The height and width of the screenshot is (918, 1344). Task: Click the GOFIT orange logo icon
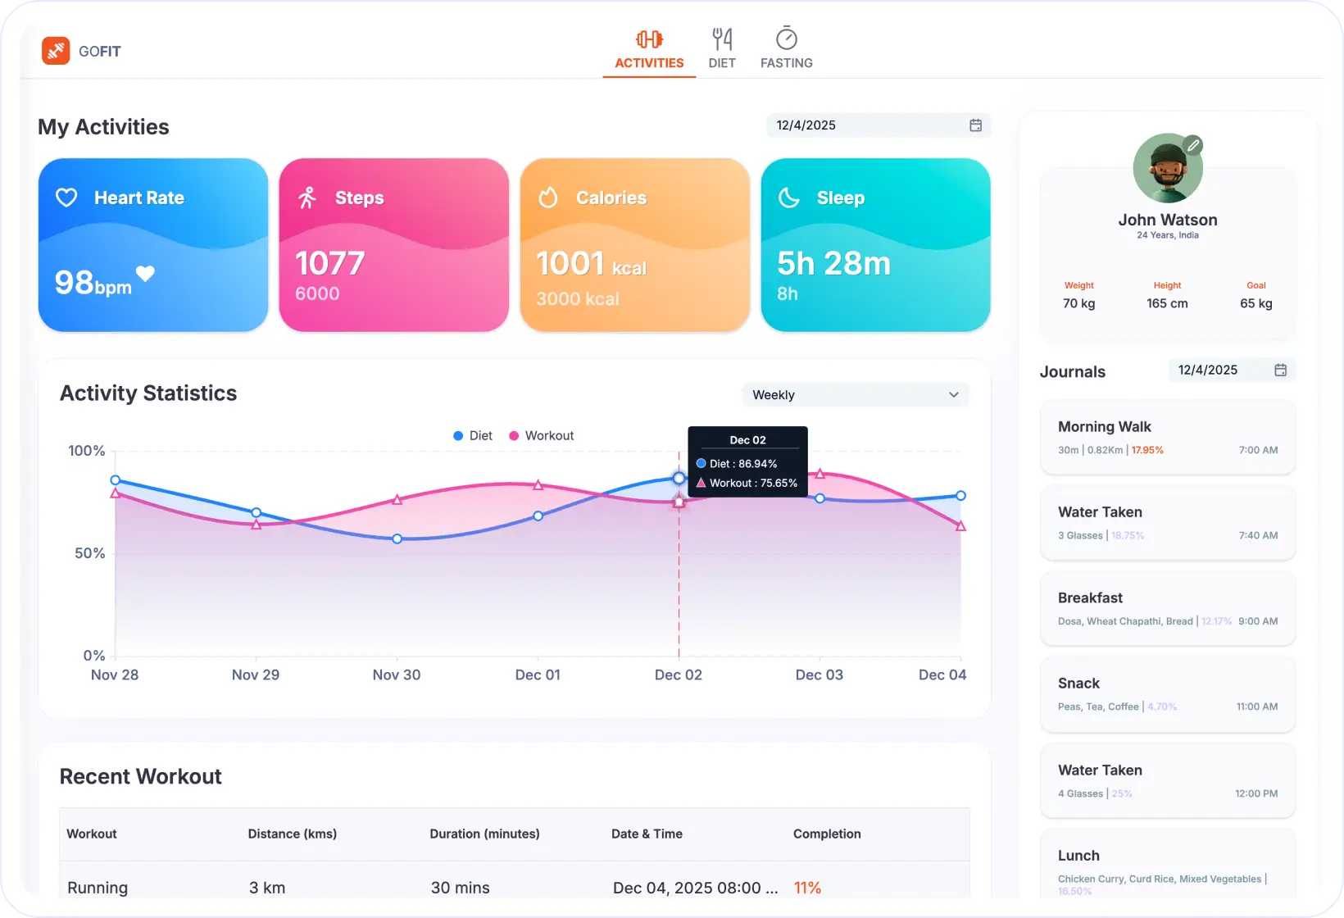[x=56, y=51]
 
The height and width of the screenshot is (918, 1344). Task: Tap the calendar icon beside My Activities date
[x=975, y=125]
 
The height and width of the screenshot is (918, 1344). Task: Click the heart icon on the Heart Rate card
[x=66, y=198]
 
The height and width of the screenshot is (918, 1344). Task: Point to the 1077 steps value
[x=329, y=264]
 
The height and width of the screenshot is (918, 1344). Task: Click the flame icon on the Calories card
[x=548, y=198]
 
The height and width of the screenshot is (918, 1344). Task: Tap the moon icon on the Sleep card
[x=788, y=198]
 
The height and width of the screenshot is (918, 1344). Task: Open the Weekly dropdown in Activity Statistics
[x=855, y=395]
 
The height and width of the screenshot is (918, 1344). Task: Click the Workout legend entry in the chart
[x=541, y=436]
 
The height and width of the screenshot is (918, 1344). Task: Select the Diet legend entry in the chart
[x=473, y=436]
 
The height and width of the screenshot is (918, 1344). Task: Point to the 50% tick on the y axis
[x=90, y=553]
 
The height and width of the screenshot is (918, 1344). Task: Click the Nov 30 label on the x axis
[x=397, y=675]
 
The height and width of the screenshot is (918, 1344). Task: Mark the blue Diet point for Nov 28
[x=116, y=480]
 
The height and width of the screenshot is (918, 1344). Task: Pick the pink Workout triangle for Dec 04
[x=960, y=526]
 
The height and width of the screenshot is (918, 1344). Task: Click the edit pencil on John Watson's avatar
[x=1193, y=146]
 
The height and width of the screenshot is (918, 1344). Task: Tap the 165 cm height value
[x=1167, y=303]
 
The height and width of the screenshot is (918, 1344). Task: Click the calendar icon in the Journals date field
[x=1280, y=370]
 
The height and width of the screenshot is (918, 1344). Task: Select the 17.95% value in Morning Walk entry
[x=1147, y=450]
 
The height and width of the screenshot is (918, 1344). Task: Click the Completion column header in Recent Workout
[x=827, y=834]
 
